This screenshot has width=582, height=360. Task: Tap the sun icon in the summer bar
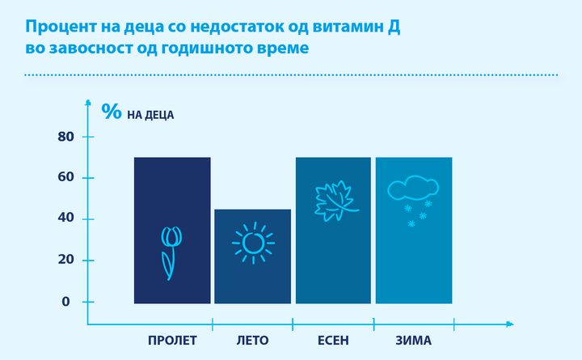(x=254, y=243)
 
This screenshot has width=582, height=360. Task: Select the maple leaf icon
(x=336, y=201)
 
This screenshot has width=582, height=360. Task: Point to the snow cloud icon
(x=413, y=201)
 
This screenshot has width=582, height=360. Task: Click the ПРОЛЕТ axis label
(x=172, y=341)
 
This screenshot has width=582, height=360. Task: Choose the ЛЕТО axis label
(x=252, y=341)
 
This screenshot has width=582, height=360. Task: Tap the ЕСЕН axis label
(x=333, y=341)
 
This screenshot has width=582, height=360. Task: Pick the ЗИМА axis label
(x=414, y=341)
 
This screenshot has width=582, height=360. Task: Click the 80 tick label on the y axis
(x=65, y=137)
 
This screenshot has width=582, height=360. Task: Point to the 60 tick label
(x=65, y=177)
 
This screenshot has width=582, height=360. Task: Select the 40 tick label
(x=65, y=218)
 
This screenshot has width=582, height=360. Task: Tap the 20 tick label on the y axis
(x=65, y=260)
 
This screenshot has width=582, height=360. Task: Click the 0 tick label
(x=65, y=302)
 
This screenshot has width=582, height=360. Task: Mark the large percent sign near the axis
(x=112, y=112)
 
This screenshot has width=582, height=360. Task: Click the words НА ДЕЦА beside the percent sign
(x=150, y=115)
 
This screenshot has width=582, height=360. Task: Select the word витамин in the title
(x=347, y=28)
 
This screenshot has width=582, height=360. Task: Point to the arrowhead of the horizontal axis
(x=510, y=324)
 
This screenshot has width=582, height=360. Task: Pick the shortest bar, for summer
(x=253, y=256)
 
